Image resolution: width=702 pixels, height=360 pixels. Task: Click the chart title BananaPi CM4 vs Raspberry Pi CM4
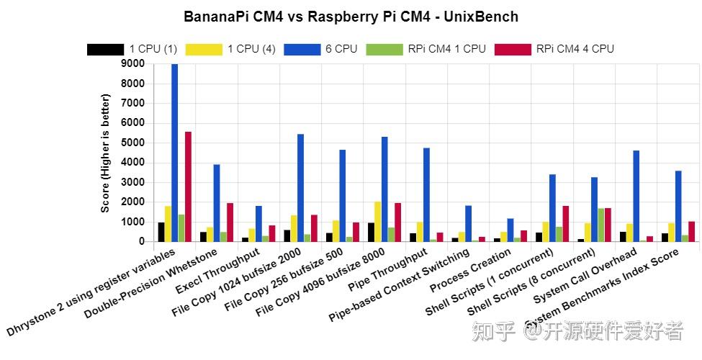[351, 16]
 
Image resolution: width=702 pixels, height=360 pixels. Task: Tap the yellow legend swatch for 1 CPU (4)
[203, 49]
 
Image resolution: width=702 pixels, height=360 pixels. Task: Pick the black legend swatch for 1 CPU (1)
[104, 49]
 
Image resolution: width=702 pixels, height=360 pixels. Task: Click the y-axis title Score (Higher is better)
[106, 153]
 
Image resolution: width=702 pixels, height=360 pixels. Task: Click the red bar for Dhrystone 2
[188, 186]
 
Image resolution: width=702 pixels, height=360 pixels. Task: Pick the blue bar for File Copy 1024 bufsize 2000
[300, 188]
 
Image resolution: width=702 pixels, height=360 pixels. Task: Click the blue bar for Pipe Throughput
[426, 194]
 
